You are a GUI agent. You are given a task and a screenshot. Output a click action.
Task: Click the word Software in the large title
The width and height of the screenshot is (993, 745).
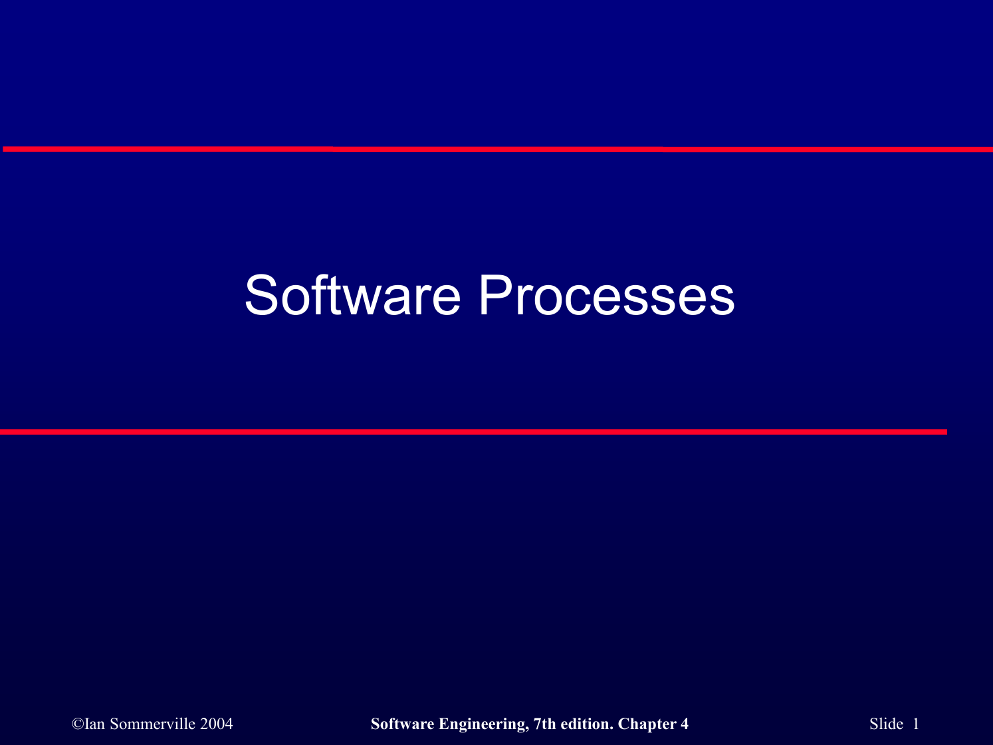coord(352,296)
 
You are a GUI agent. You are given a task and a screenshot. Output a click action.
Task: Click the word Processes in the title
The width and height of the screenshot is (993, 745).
coord(606,296)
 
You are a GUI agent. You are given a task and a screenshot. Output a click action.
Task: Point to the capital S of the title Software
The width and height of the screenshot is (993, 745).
coord(261,296)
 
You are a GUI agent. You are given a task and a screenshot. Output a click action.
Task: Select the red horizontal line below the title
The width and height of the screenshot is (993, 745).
coord(473,432)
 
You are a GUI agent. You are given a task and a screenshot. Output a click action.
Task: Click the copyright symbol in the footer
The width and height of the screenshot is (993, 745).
coord(78,724)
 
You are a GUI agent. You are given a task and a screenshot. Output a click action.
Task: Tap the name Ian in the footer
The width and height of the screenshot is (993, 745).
coord(95,724)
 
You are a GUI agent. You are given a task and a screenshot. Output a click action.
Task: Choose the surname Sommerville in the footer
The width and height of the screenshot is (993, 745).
coord(152,724)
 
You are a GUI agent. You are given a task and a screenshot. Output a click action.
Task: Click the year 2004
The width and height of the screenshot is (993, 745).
coord(217,724)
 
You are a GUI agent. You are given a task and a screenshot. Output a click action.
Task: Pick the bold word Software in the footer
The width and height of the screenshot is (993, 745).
coord(402,724)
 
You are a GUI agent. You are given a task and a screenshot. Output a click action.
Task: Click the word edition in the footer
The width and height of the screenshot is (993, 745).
coord(586,724)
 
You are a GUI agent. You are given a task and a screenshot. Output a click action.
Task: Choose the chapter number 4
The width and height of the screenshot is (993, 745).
coord(685,724)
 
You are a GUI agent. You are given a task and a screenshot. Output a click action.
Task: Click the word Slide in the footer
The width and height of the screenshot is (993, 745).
coord(886,724)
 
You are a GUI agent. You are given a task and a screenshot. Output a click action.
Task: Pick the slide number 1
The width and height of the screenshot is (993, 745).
coord(916,724)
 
